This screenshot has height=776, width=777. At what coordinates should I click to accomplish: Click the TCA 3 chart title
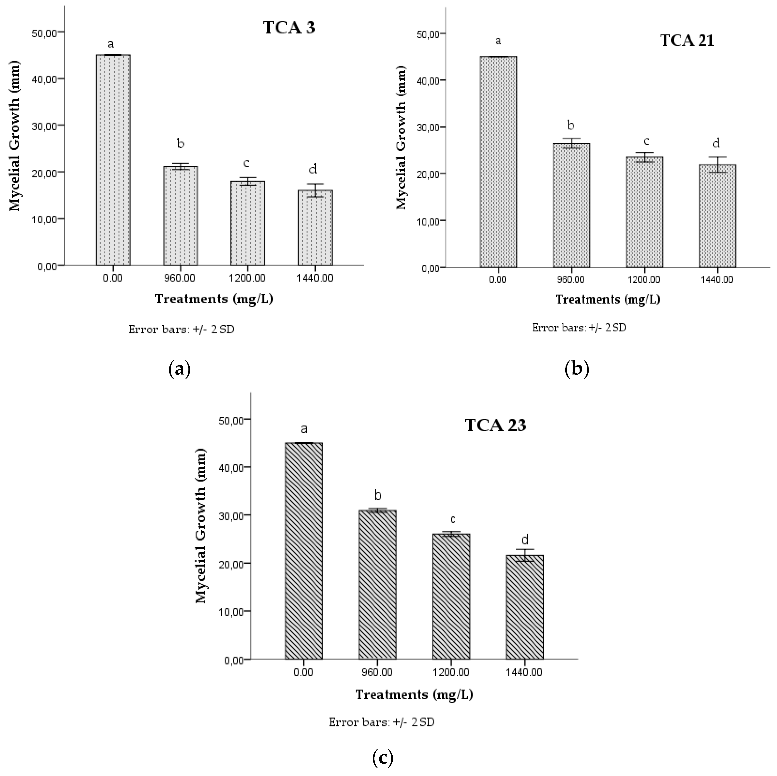click(x=289, y=27)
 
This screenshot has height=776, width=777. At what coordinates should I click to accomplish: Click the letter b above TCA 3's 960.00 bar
click(x=181, y=143)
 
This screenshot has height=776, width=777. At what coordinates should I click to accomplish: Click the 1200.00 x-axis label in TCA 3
click(x=247, y=278)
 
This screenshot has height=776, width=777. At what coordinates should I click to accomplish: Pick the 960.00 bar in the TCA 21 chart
click(x=571, y=205)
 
